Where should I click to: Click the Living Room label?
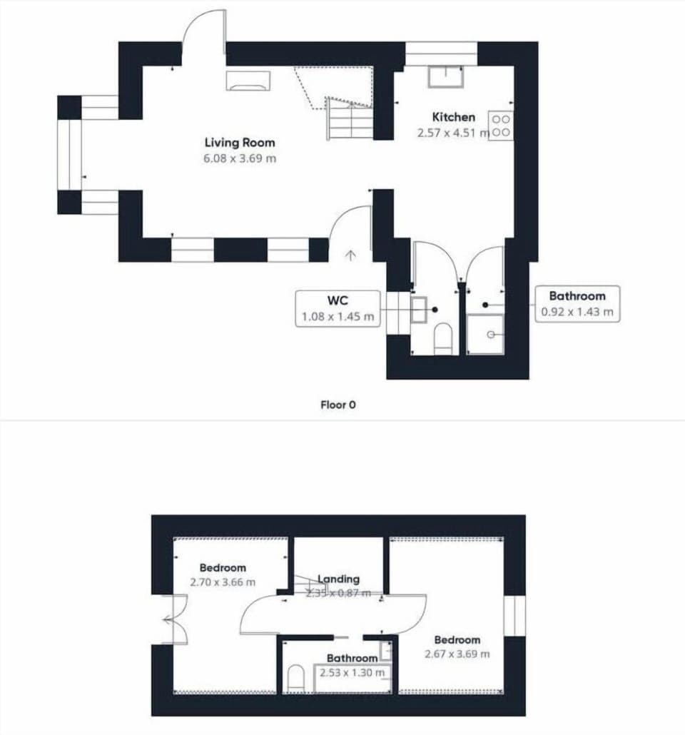click(239, 143)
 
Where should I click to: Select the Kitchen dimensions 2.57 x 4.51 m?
click(453, 133)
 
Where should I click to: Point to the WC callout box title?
click(337, 300)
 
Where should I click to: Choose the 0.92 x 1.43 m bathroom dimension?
click(577, 312)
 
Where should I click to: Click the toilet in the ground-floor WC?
click(443, 338)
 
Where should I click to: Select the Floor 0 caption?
click(338, 405)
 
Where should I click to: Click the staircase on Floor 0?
click(350, 118)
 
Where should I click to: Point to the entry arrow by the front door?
click(350, 255)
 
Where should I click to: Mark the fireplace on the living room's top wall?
click(248, 81)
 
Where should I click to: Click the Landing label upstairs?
click(338, 579)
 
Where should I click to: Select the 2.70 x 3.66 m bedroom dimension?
click(223, 582)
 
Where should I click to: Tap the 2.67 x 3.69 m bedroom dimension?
click(457, 654)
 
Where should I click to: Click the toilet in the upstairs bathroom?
click(295, 679)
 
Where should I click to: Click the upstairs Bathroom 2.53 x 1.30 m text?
click(352, 665)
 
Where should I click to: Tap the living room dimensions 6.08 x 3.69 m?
click(239, 158)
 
